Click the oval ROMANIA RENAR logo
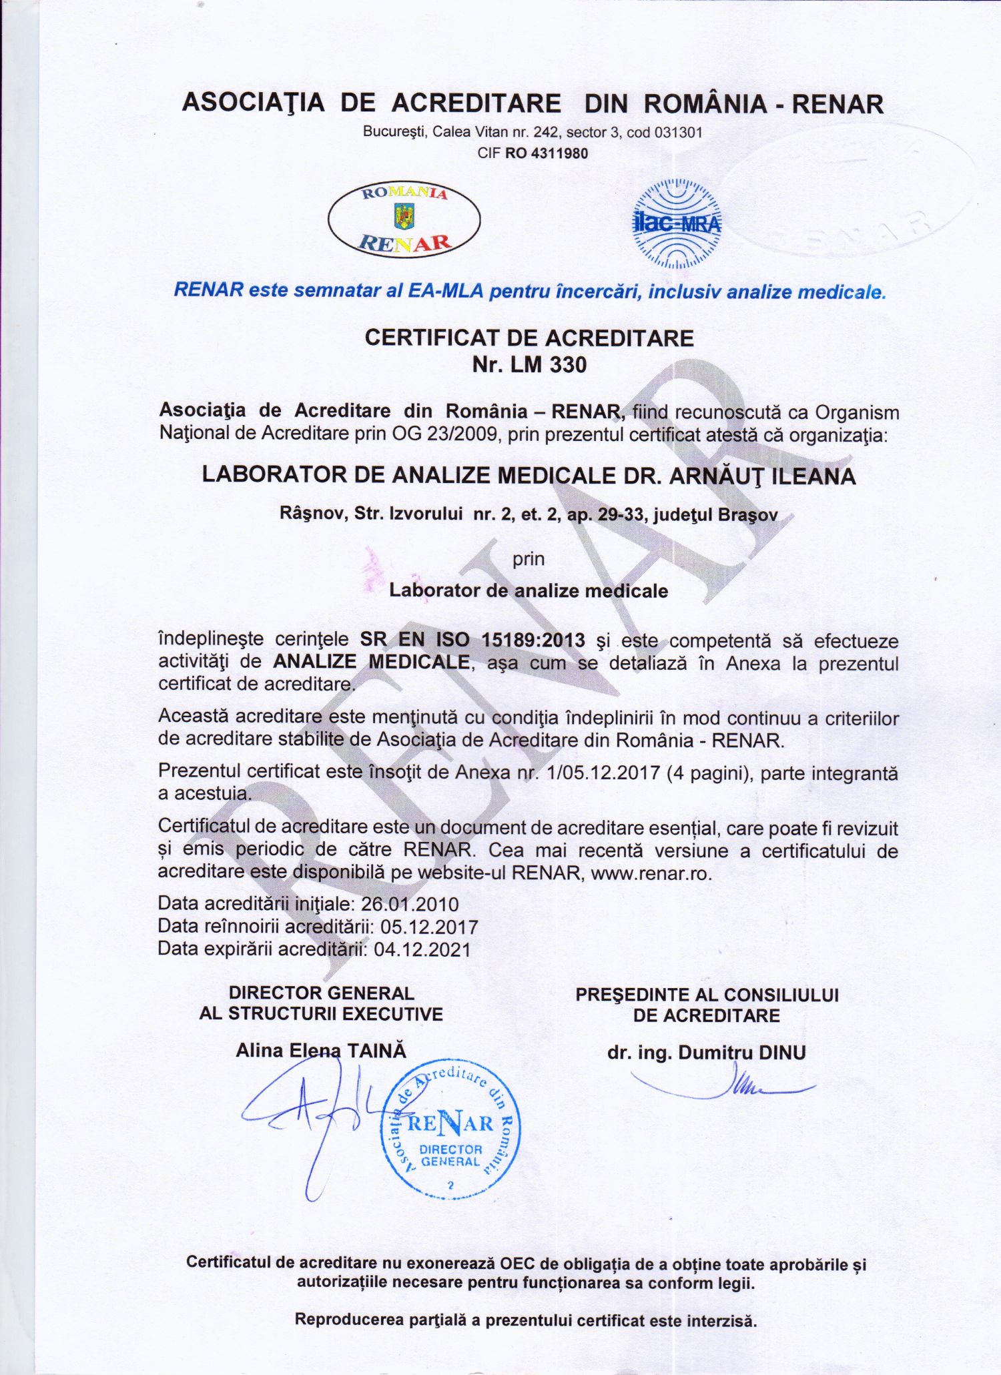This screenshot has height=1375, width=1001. click(x=404, y=219)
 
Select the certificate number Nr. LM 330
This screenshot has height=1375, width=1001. click(x=529, y=365)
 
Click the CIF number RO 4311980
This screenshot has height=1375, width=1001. click(x=547, y=153)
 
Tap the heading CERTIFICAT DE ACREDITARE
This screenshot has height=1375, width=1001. click(x=529, y=338)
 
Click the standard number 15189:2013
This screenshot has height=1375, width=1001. click(x=533, y=640)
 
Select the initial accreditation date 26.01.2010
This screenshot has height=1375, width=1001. click(x=410, y=904)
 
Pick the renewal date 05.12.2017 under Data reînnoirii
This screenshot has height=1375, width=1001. click(x=429, y=927)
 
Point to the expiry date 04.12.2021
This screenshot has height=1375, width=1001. click(x=422, y=949)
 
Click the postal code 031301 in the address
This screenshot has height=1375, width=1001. click(x=678, y=132)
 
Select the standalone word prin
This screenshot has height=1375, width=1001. click(x=529, y=558)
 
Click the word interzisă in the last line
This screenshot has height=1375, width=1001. click(x=724, y=1320)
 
